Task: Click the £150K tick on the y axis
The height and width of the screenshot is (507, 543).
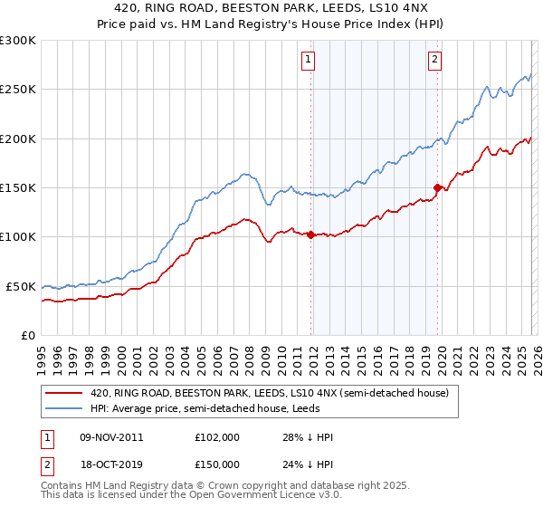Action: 18,187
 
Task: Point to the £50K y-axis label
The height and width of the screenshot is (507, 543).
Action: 20,286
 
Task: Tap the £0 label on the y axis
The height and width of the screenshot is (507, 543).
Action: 27,335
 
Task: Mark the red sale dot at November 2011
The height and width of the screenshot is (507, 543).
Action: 310,234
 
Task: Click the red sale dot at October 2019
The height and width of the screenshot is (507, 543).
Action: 437,187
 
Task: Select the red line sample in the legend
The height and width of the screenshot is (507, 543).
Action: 63,393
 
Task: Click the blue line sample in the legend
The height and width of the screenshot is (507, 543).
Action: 63,409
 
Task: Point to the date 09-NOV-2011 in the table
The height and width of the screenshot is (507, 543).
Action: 111,437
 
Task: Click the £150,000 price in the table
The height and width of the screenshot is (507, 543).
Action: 216,464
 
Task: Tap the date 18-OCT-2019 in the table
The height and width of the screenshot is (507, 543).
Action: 111,464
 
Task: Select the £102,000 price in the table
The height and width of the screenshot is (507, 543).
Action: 216,437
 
